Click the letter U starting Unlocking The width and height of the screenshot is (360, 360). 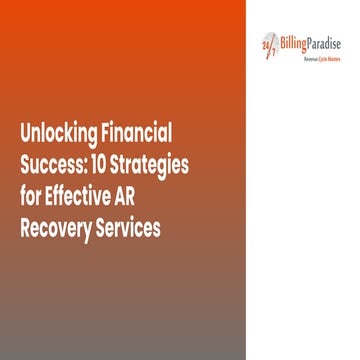[24, 133]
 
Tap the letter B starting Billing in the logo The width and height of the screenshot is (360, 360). [282, 41]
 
